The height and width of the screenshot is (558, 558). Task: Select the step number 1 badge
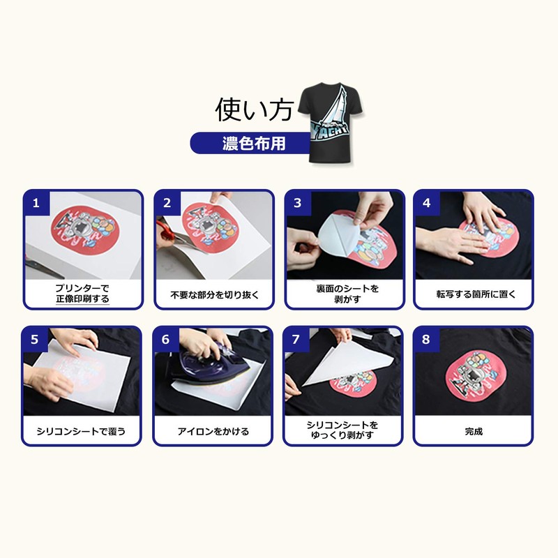36,203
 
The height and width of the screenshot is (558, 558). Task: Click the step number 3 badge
297,203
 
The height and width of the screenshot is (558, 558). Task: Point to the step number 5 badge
36,340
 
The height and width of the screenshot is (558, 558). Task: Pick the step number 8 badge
427,340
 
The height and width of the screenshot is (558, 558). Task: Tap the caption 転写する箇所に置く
474,295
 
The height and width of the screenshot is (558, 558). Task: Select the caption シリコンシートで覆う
82,432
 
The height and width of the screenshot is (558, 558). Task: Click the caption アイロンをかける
213,432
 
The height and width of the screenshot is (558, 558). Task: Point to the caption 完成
474,432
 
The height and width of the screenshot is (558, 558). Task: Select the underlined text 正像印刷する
82,300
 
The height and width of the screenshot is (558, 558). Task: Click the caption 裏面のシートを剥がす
343,294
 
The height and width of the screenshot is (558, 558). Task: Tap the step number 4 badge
427,203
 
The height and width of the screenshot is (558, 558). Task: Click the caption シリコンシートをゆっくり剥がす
343,430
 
